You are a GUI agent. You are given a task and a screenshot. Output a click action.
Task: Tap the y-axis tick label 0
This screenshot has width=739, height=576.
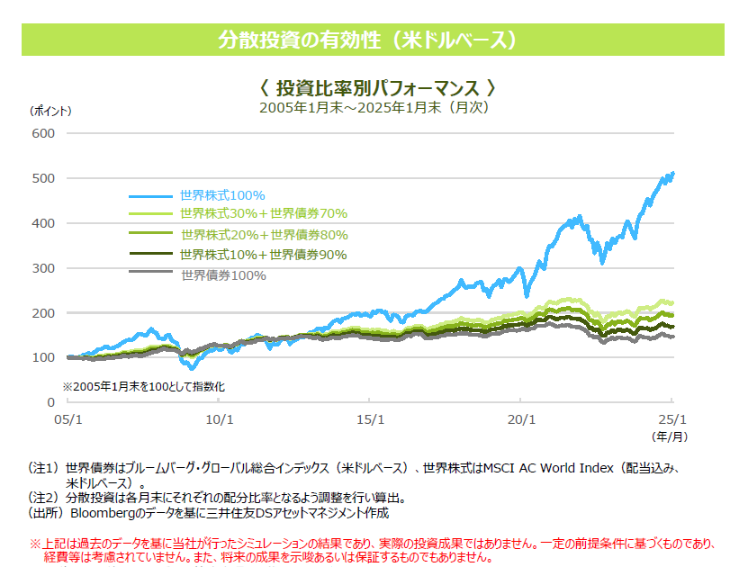coord(50,402)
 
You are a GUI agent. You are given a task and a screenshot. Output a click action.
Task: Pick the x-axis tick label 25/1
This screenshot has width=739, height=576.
coord(671,419)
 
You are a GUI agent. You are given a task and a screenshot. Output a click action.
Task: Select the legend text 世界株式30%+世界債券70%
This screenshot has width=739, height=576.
coord(263,214)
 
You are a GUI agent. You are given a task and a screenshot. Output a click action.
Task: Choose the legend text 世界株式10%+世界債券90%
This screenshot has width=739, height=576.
coord(263,255)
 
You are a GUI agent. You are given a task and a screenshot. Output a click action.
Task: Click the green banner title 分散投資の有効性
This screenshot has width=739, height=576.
coord(369,40)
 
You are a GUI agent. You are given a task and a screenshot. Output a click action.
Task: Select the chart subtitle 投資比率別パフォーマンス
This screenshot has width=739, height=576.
coord(377,88)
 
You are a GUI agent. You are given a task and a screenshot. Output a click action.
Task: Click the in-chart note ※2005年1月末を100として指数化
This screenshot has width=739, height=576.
coord(143,386)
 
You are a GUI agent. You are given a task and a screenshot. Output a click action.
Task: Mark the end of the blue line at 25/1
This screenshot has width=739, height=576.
coord(672,173)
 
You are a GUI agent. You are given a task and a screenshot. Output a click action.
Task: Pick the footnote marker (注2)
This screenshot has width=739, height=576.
coord(43,497)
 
